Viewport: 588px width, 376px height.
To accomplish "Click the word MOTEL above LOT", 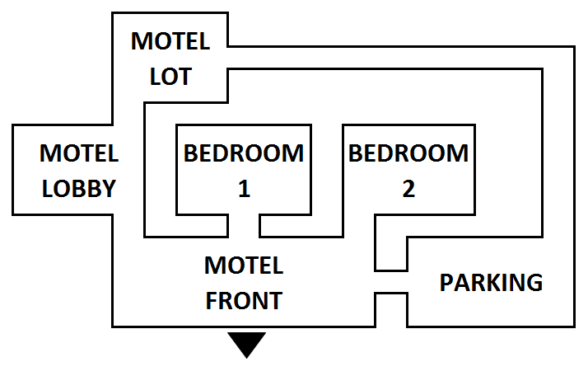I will [170, 41].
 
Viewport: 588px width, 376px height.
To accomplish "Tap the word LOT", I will [170, 77].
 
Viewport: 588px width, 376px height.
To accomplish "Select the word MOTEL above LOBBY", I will [79, 153].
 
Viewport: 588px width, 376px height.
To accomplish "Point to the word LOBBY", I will [79, 189].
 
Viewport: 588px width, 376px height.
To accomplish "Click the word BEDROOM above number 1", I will [244, 153].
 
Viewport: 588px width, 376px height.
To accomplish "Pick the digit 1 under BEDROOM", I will [244, 189].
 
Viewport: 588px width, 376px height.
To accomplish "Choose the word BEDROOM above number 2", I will [408, 153].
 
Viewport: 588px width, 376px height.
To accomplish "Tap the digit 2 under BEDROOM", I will [408, 189].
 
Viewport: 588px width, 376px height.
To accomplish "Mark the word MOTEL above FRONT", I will [244, 266].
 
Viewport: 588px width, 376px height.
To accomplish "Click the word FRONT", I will [244, 301].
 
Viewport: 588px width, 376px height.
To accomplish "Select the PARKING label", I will [491, 283].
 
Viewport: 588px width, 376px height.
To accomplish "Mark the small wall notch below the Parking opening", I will [392, 309].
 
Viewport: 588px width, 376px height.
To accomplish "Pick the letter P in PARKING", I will [447, 283].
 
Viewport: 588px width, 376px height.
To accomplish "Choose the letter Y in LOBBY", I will [108, 189].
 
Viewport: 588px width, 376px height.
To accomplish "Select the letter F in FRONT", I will [212, 301].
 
